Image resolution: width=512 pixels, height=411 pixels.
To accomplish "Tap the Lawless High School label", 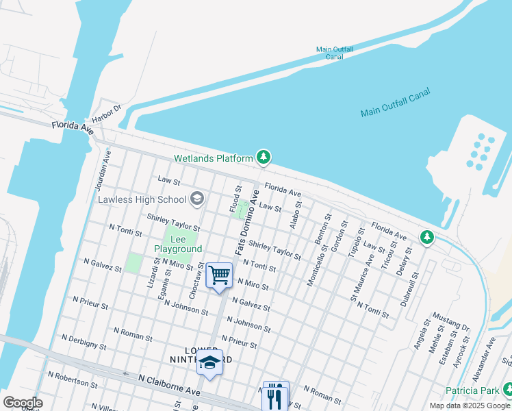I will coord(142,199).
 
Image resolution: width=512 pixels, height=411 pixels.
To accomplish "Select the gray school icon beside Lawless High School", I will coord(198,199).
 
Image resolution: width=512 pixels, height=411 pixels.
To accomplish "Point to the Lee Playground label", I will coord(178,244).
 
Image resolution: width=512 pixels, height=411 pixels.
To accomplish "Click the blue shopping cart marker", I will coord(219,275).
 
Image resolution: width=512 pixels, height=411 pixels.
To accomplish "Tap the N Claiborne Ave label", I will coord(169,384).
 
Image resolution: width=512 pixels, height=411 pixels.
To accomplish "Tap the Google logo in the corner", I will coord(23,402).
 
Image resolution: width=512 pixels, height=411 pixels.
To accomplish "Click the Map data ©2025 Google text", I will coord(470,406).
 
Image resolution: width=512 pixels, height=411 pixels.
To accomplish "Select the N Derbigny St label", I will coord(84,342).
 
